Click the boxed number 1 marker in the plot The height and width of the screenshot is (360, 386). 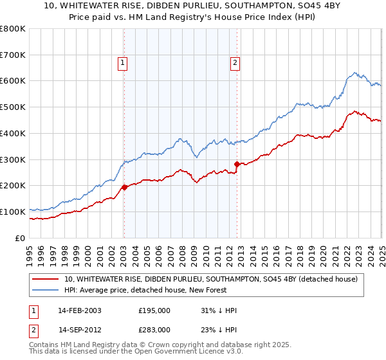tap(122, 62)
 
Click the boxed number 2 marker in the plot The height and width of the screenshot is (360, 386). tap(235, 62)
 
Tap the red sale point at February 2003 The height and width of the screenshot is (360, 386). tap(124, 187)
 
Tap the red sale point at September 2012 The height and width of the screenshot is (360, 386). tap(237, 164)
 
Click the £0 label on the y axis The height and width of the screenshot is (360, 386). tap(20, 238)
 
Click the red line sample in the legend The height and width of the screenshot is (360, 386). tap(45, 278)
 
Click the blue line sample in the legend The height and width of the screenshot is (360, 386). tap(45, 290)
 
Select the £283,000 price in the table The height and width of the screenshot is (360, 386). tap(154, 329)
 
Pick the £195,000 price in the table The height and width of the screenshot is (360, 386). tap(154, 310)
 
